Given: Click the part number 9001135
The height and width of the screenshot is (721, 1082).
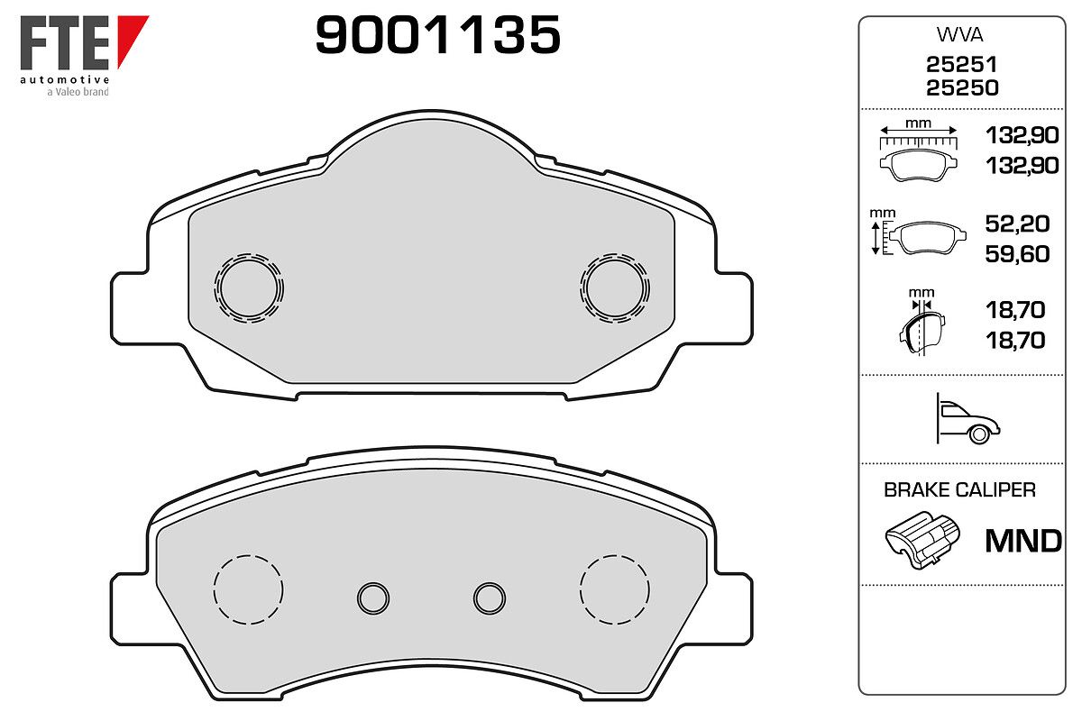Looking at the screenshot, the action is pyautogui.click(x=437, y=34).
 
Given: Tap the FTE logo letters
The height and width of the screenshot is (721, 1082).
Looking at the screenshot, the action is pyautogui.click(x=64, y=42).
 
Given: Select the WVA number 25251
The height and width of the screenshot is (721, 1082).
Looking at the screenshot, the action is pyautogui.click(x=961, y=64).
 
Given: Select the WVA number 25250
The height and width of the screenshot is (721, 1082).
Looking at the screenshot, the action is pyautogui.click(x=962, y=88).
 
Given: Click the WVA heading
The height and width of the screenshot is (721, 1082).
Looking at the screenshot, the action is pyautogui.click(x=959, y=35).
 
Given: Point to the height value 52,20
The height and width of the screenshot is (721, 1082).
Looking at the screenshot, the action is pyautogui.click(x=1017, y=224).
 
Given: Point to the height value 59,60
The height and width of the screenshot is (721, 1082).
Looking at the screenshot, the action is pyautogui.click(x=1017, y=254).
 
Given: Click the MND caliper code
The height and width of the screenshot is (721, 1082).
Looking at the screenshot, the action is pyautogui.click(x=1023, y=541).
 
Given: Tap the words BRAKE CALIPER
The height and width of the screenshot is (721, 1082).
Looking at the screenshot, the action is pyautogui.click(x=959, y=490).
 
